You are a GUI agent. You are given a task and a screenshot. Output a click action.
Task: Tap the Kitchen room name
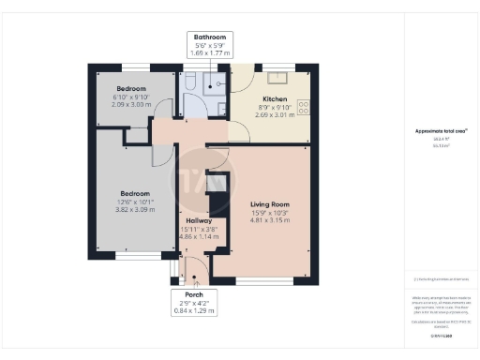click(x=275, y=97)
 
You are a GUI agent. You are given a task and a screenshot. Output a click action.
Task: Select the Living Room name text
click(x=270, y=203)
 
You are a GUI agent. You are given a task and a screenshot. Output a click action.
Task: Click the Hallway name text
click(x=198, y=220)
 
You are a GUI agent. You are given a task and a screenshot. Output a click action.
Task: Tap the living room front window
click(x=263, y=280)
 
